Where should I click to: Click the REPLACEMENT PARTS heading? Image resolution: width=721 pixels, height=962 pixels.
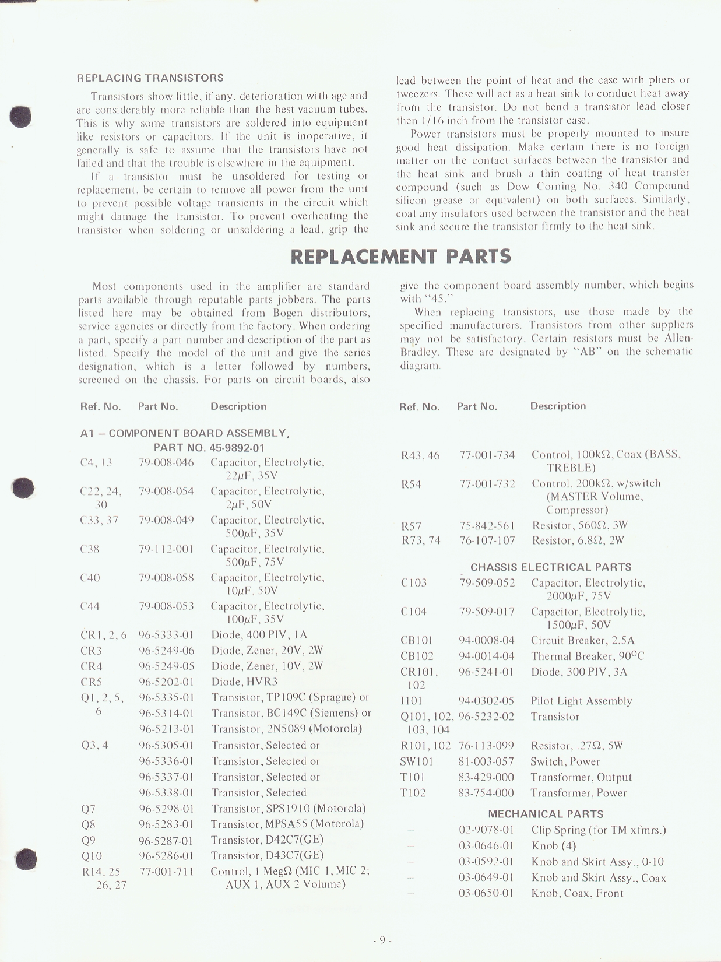click(400, 256)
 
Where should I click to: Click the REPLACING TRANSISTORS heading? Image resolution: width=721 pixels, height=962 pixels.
click(150, 78)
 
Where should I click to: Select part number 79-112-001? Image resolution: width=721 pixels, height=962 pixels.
click(166, 549)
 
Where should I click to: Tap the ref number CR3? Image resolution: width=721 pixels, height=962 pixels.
click(91, 651)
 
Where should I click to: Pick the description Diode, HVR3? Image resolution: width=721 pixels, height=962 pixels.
click(244, 682)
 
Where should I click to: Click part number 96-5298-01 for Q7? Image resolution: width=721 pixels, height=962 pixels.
click(166, 809)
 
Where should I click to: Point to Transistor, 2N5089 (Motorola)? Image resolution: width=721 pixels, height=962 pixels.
click(286, 729)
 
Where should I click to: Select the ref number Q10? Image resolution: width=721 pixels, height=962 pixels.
click(92, 856)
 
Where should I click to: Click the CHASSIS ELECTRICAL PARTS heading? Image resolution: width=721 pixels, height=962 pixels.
click(551, 567)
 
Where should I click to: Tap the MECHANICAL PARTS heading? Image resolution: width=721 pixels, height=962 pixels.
click(546, 814)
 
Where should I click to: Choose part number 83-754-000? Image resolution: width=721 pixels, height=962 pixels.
click(486, 793)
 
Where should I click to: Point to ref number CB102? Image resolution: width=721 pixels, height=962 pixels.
click(417, 656)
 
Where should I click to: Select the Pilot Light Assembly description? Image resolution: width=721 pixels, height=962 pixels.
click(581, 701)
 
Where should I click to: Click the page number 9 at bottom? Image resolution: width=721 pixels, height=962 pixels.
click(382, 939)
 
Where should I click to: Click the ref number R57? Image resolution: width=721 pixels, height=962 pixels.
click(412, 525)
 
